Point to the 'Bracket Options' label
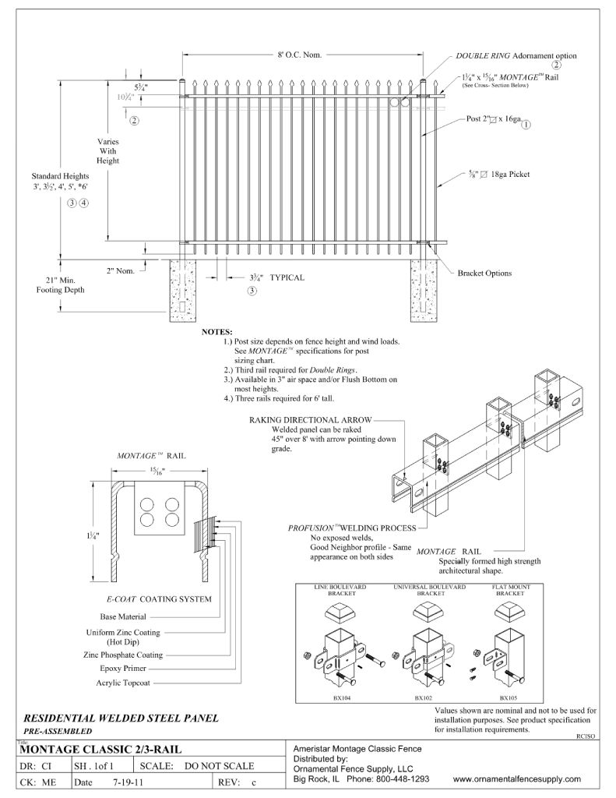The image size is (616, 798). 484,274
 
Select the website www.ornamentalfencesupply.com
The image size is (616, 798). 516,779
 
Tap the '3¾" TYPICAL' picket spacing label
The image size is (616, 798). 277,277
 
